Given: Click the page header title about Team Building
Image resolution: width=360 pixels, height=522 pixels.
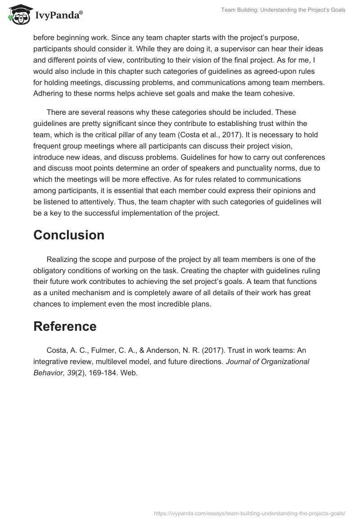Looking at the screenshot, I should (283, 10).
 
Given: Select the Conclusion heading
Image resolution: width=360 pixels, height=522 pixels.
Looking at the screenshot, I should (69, 235).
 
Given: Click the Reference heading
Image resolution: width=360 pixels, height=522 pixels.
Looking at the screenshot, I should (65, 326).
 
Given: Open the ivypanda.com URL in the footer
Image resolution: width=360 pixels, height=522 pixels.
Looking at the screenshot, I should (249, 513).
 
